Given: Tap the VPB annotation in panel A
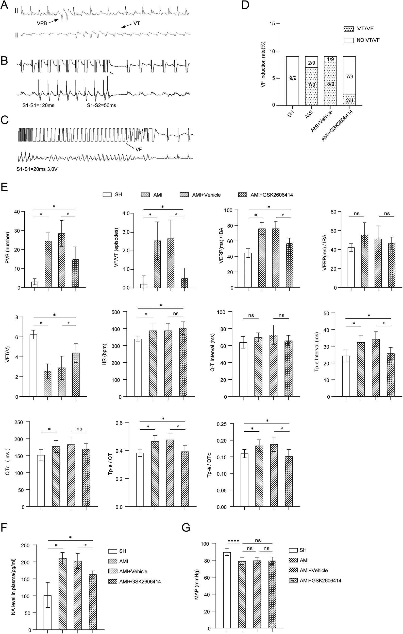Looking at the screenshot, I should click(42, 23).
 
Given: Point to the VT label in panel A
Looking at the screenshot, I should click(137, 23).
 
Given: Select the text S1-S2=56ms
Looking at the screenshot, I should click(102, 105).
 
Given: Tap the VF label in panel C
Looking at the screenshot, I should click(139, 149).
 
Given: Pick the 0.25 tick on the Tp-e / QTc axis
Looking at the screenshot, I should click(221, 424).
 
